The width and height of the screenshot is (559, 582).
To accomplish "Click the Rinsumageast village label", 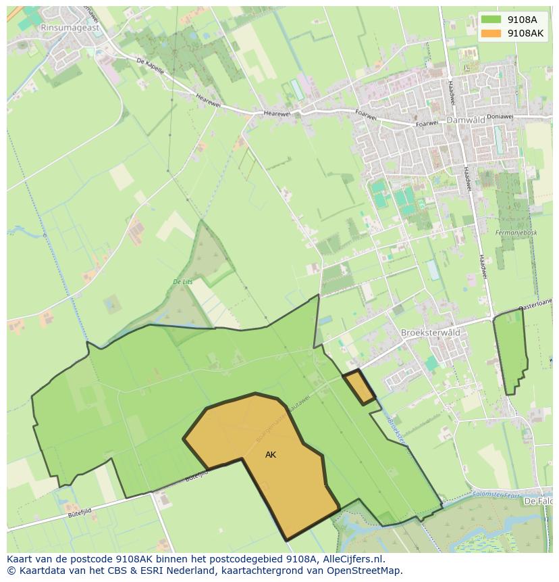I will point(69,27).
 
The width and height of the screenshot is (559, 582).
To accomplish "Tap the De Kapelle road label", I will point(150,64).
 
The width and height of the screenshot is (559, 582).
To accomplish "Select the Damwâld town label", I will point(468,119).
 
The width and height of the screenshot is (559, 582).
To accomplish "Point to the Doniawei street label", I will point(500,116).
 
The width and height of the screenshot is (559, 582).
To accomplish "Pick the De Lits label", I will point(183,282).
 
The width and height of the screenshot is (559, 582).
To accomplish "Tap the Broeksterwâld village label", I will point(431,333).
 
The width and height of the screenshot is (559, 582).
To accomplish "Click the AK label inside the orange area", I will point(271,455).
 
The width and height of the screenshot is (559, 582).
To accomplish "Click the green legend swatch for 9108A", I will point(491,20).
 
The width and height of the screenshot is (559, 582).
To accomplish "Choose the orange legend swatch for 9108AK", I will point(491,33).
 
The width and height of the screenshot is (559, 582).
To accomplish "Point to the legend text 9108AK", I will point(525,33).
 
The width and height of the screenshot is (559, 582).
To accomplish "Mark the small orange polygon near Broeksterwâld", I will point(360,387).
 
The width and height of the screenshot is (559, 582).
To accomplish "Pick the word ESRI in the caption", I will point(152,571).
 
